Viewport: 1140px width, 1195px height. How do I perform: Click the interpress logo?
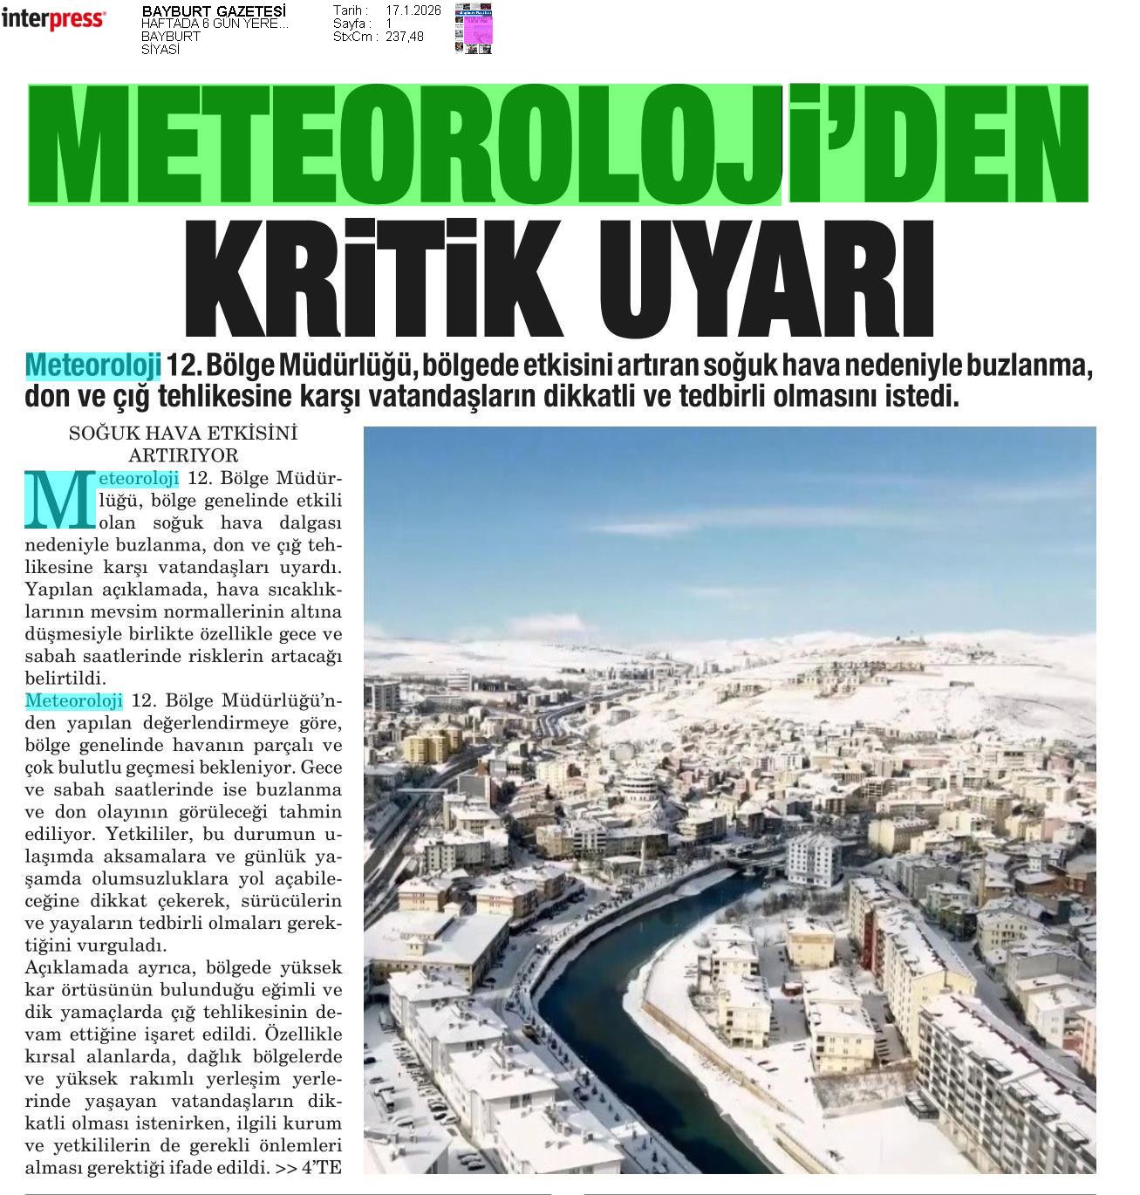point(54,18)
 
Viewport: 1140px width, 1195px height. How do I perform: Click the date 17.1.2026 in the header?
point(413,10)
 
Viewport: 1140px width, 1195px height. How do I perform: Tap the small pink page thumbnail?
point(474,30)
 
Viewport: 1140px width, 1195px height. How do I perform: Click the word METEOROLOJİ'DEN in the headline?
point(558,144)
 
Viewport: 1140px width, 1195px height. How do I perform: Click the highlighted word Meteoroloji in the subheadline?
point(93,365)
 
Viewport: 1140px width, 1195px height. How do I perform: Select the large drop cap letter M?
point(58,502)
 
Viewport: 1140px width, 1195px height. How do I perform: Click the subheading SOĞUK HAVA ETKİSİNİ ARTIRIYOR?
point(183,443)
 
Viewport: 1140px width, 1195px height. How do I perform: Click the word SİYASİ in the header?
point(160,50)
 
